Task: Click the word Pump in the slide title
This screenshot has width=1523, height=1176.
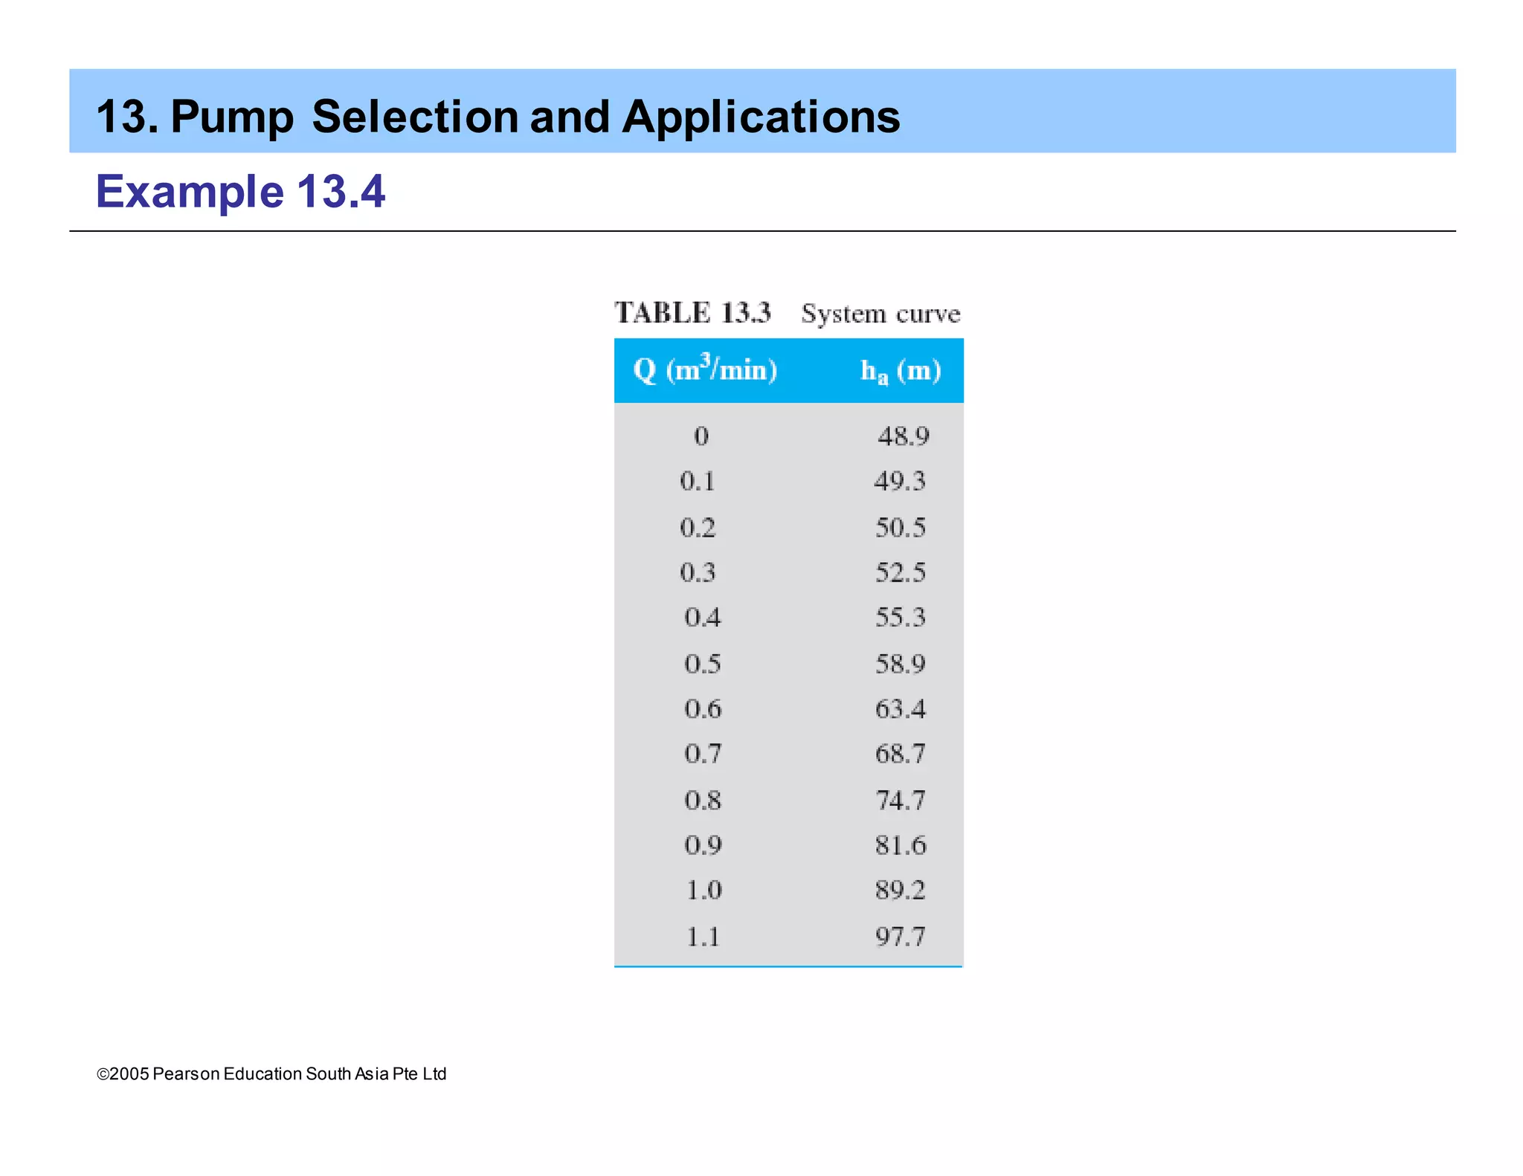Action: pos(232,118)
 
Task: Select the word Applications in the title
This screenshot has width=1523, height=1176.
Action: pos(761,118)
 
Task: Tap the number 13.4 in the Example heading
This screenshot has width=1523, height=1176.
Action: pos(341,192)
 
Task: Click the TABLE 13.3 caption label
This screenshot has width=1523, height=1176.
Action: pos(692,313)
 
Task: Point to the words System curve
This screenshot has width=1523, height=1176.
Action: pos(880,314)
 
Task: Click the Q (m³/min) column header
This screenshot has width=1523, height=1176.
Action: pos(705,369)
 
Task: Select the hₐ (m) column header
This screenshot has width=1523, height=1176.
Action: pos(901,370)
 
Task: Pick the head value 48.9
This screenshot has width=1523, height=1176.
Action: pos(903,436)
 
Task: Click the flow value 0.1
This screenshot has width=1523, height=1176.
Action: pos(698,481)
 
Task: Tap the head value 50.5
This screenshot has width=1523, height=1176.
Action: pos(901,527)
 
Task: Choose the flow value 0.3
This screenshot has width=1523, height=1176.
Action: pos(698,572)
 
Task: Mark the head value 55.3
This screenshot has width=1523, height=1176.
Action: pos(901,617)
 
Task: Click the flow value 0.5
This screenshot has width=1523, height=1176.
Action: pos(702,663)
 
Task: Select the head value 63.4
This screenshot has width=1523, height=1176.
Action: pos(901,708)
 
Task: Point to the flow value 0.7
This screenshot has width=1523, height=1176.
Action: pos(702,754)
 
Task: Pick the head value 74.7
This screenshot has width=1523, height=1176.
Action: pos(901,800)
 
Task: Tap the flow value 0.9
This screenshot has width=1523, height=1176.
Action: pos(702,845)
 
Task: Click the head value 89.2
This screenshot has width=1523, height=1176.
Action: pos(901,890)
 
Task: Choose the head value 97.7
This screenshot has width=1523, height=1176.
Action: pos(901,936)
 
